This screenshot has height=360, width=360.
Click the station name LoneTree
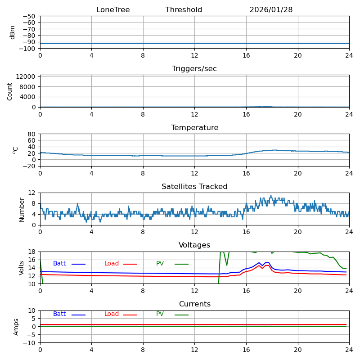click(113, 10)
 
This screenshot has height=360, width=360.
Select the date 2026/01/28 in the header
click(271, 10)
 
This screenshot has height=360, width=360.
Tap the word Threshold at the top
click(184, 10)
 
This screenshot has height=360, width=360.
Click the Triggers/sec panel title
click(194, 69)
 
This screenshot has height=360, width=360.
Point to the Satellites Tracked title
click(194, 187)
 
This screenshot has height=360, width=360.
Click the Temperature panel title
click(194, 128)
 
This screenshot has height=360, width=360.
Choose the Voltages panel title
click(194, 245)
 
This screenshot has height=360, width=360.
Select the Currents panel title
click(194, 304)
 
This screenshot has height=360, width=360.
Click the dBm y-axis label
click(13, 32)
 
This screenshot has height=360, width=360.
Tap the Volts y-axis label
click(22, 268)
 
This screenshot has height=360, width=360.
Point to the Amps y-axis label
click(16, 327)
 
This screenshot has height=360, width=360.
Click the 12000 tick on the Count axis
click(26, 76)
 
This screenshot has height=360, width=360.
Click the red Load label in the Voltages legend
click(112, 264)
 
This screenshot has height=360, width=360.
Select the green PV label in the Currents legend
click(160, 314)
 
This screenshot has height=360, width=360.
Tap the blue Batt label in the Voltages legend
click(59, 264)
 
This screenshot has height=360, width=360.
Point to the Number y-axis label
click(22, 209)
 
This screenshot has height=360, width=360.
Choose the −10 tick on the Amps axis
click(29, 343)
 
